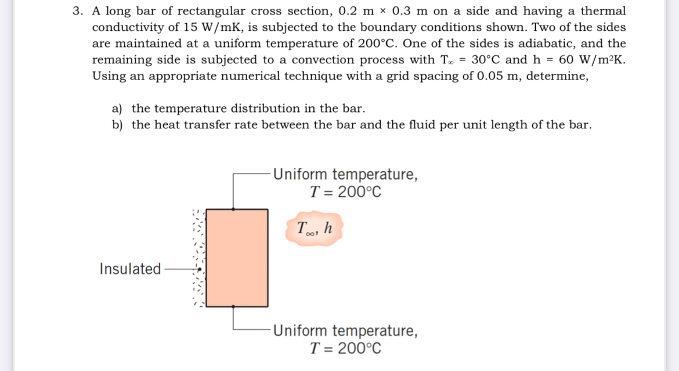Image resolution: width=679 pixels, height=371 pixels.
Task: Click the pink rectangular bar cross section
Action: coord(237,258)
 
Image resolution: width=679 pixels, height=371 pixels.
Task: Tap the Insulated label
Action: coord(130,269)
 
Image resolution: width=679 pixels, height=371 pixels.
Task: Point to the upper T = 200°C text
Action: coord(346,192)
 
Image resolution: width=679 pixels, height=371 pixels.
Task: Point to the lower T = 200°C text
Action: coord(346,348)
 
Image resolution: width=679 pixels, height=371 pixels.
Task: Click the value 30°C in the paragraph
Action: coord(487,60)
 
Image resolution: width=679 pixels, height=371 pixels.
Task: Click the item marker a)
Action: coord(118,109)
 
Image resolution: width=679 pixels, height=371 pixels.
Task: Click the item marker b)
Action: coord(118,125)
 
